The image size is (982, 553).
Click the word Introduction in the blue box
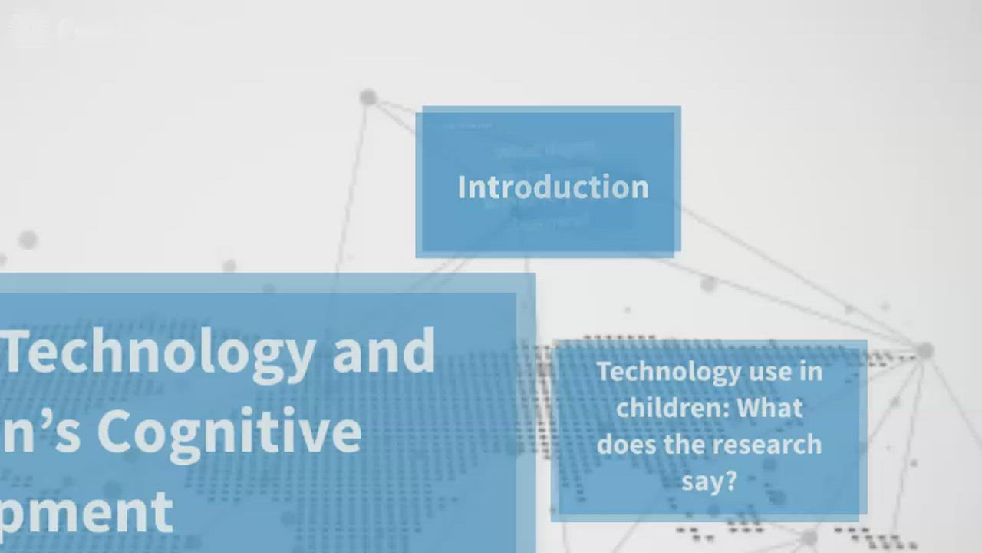(x=552, y=187)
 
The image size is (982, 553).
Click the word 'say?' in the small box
(x=709, y=481)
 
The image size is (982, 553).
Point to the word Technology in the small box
(x=657, y=372)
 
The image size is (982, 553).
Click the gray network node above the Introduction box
(x=368, y=98)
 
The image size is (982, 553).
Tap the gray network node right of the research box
(x=925, y=351)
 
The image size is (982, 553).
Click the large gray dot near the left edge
(x=28, y=240)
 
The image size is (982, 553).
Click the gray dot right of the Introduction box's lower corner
(x=708, y=284)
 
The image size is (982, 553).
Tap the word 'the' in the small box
(x=677, y=444)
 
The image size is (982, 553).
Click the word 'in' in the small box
(x=811, y=372)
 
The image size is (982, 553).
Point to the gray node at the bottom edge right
(x=809, y=538)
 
